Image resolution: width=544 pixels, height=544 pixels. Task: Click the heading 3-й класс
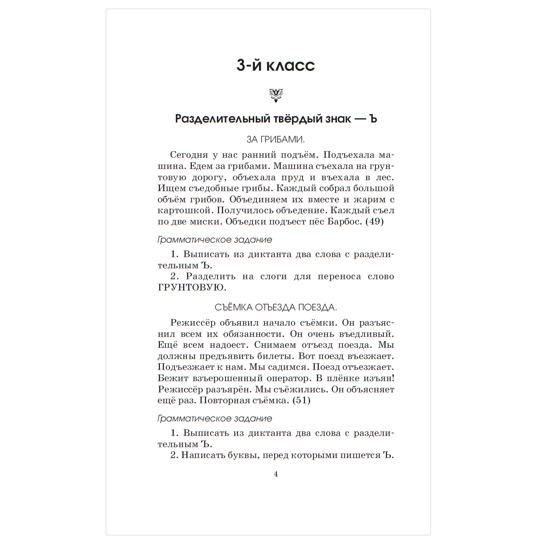click(276, 66)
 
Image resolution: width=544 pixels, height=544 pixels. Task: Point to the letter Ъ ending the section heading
click(373, 119)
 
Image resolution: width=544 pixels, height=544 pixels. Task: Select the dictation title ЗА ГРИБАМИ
click(276, 140)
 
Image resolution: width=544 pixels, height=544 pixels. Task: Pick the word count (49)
click(374, 222)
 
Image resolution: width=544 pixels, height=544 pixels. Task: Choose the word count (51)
click(301, 400)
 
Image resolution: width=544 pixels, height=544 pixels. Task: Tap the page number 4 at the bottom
click(276, 474)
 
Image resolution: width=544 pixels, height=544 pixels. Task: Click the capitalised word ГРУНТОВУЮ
click(192, 288)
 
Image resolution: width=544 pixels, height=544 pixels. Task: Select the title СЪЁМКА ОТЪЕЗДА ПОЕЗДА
click(276, 308)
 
